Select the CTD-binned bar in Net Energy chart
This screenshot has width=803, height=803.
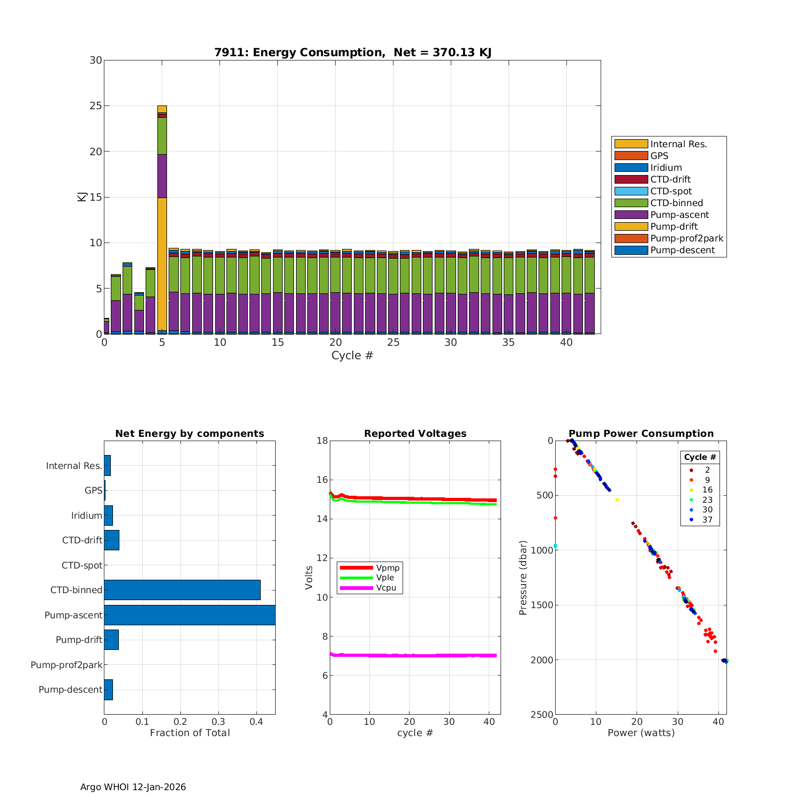(x=182, y=590)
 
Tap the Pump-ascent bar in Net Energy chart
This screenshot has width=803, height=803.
(x=190, y=615)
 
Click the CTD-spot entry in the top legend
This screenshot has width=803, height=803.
(x=671, y=191)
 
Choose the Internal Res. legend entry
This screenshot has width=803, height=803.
(x=678, y=144)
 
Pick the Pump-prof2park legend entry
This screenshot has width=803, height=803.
(x=686, y=238)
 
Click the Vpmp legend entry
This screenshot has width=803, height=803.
(x=388, y=567)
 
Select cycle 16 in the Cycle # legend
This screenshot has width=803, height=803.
(x=707, y=490)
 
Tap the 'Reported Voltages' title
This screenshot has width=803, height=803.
(x=415, y=434)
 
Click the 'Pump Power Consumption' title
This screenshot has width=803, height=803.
(x=641, y=434)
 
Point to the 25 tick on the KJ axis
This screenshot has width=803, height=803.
(x=96, y=106)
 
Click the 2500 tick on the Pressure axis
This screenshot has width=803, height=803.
(x=542, y=715)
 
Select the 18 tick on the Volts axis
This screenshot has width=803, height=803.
(x=322, y=441)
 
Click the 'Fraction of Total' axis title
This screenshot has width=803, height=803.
(x=190, y=733)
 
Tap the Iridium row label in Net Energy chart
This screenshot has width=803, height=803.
(x=86, y=516)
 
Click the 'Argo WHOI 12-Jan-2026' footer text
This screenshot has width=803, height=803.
(x=133, y=787)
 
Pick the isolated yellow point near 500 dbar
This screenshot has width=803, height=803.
(x=617, y=499)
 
